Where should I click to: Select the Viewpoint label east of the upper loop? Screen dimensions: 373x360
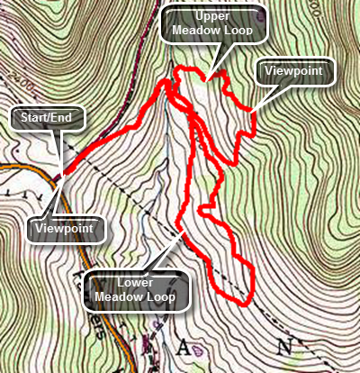pos(295,71)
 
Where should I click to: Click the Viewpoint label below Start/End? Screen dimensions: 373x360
pos(66,229)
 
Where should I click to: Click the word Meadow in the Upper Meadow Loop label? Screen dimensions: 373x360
pos(200,34)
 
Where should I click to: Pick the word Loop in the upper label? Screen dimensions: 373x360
pos(244,34)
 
